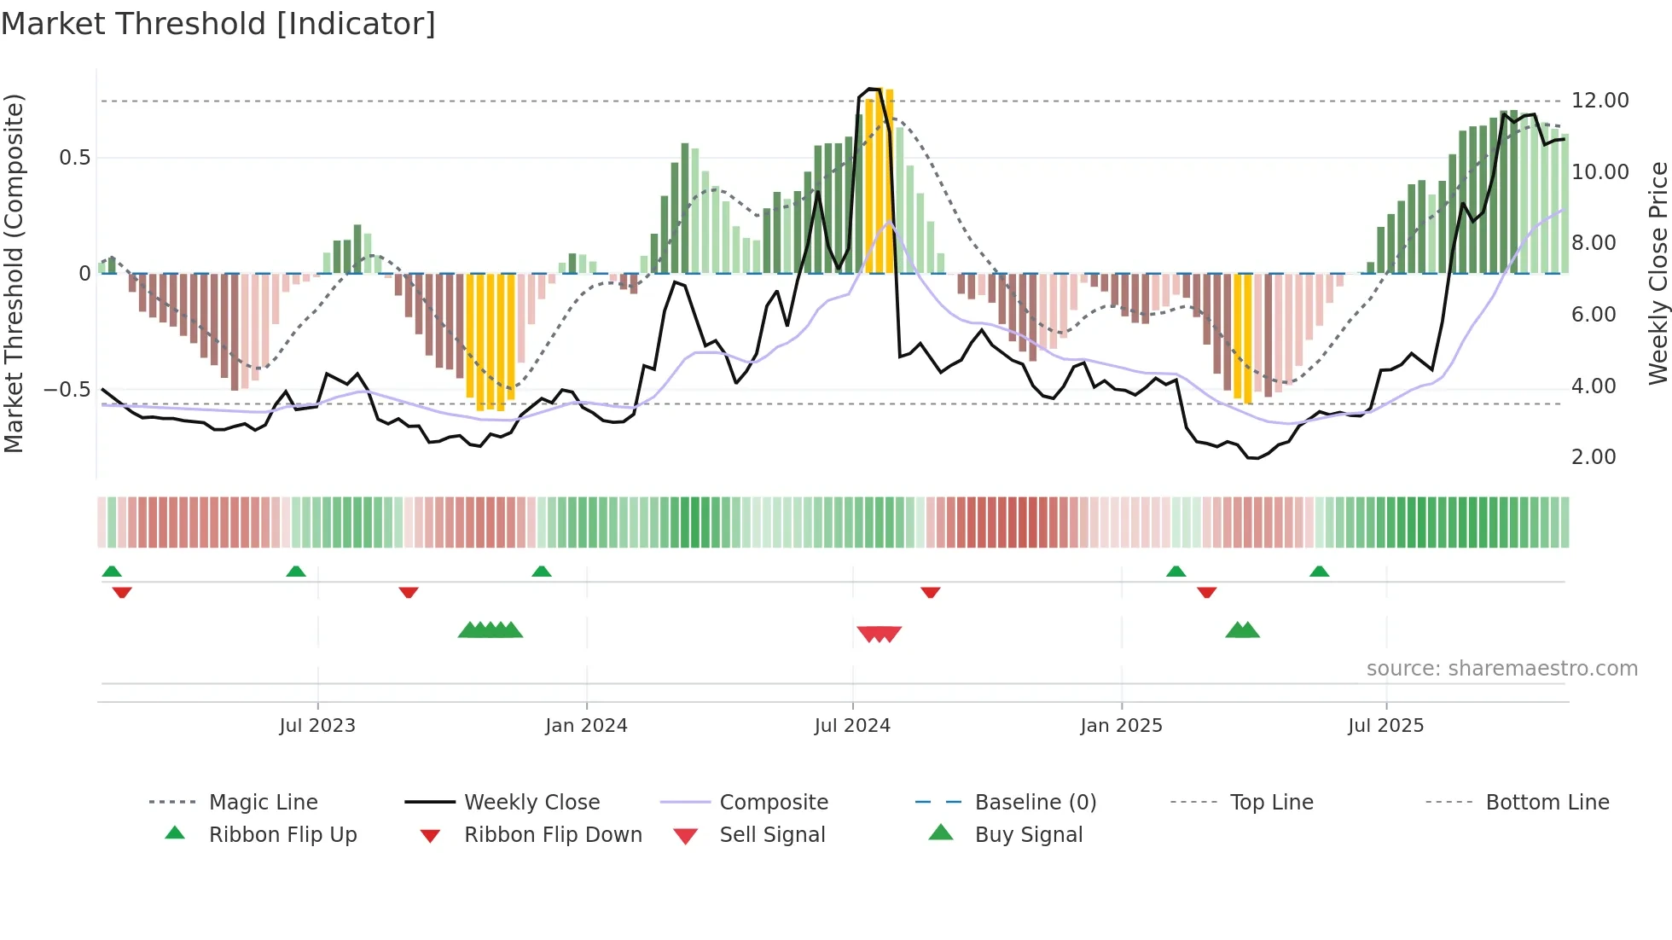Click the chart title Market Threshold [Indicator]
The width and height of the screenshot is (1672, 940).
[x=218, y=24]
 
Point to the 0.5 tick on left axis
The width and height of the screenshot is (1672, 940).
[x=74, y=158]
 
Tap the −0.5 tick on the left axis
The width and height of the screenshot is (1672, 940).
[x=67, y=390]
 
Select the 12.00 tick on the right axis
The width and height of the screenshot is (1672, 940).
[x=1599, y=101]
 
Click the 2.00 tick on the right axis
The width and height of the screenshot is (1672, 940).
[x=1594, y=457]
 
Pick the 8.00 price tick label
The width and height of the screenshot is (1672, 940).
[x=1594, y=243]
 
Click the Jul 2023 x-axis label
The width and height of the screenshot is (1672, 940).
[x=317, y=726]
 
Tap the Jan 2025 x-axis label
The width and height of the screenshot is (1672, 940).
[x=1121, y=726]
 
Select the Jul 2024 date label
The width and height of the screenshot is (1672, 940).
[x=852, y=726]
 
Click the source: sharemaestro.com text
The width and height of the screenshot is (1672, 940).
[x=1501, y=669]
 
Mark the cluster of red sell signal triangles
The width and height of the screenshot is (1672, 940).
[x=879, y=634]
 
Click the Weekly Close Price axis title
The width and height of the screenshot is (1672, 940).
[x=1657, y=273]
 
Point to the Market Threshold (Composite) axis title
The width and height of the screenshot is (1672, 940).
[x=14, y=273]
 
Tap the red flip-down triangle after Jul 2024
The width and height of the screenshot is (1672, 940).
[x=930, y=592]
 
